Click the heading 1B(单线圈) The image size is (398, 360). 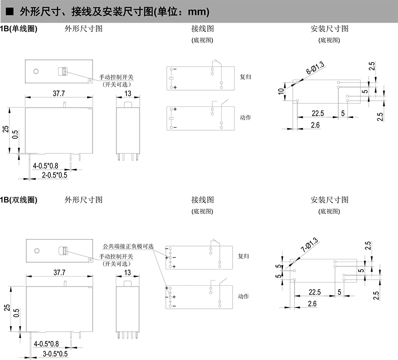[x=18, y=29]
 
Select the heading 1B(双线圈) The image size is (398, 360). [x=18, y=200]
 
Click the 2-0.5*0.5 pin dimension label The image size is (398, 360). [x=54, y=175]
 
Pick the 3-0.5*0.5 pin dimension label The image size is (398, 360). [x=55, y=354]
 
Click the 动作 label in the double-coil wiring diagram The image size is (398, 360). [x=244, y=296]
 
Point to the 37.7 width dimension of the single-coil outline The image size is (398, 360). [x=59, y=93]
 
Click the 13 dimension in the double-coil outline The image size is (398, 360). [x=127, y=272]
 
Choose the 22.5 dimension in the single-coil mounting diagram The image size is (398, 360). [x=318, y=114]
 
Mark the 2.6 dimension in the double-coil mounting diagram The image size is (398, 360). [x=312, y=303]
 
